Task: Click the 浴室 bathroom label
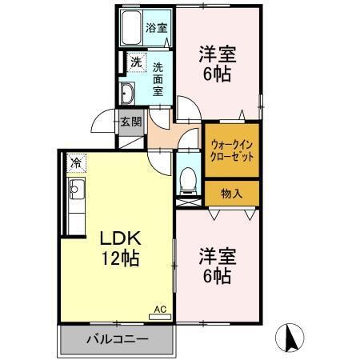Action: [156, 27]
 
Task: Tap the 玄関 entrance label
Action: [131, 122]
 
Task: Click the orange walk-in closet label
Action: [232, 151]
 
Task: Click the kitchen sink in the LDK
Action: [77, 191]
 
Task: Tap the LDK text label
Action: [120, 238]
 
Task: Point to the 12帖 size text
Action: [120, 258]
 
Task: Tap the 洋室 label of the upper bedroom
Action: [217, 55]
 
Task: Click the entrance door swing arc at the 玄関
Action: [102, 122]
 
